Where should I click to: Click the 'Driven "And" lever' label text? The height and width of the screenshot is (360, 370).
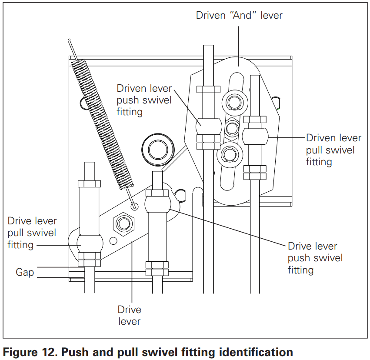(x=239, y=15)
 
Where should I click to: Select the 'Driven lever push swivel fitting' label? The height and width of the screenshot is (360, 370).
(x=144, y=100)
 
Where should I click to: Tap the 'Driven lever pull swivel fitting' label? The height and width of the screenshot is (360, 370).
(x=333, y=150)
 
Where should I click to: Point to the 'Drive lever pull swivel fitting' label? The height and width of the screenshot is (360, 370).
(x=32, y=233)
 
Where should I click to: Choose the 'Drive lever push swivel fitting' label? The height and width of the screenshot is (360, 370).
(x=315, y=258)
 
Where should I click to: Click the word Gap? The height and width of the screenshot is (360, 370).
(x=25, y=273)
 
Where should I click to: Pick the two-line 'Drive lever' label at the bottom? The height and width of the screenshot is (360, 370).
(x=130, y=315)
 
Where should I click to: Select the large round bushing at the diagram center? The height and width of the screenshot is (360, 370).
(x=158, y=150)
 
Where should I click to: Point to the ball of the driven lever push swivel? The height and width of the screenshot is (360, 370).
(x=208, y=126)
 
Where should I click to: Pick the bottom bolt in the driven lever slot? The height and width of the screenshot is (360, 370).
(x=231, y=153)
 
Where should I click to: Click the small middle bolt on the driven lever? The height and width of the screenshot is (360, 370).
(x=232, y=128)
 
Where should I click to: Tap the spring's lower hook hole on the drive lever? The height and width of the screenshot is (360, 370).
(x=134, y=205)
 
